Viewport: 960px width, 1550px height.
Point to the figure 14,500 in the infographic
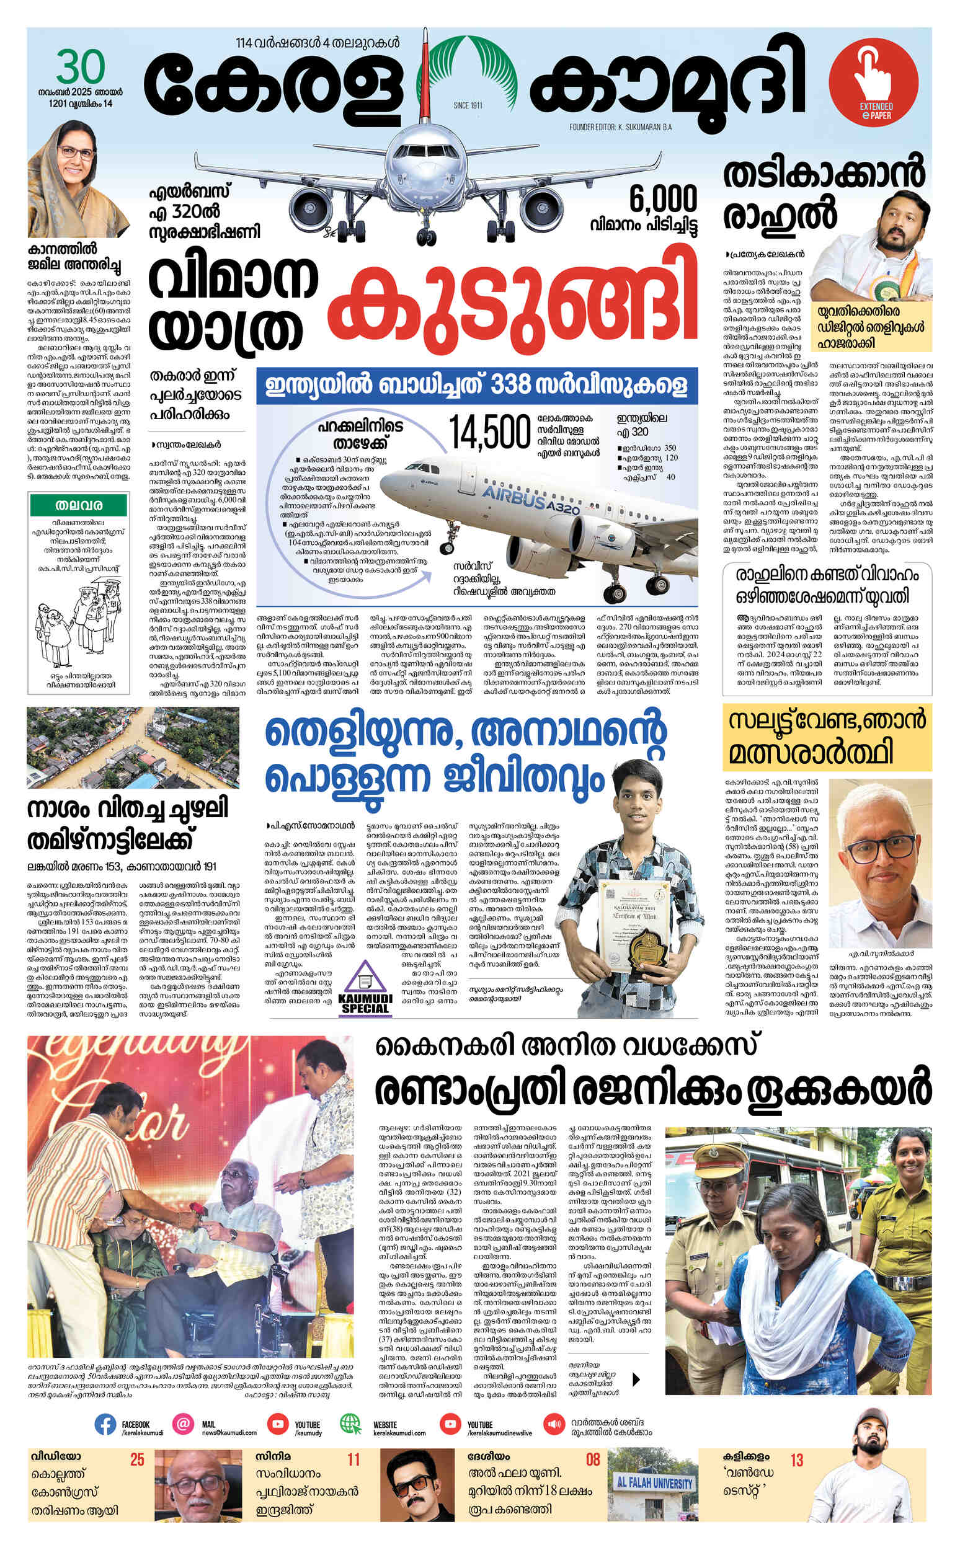489,433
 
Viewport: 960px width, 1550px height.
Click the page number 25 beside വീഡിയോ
137,1460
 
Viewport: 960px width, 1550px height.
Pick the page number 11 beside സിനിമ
353,1460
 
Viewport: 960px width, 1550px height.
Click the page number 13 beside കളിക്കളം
796,1460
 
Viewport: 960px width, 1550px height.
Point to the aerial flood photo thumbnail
133,747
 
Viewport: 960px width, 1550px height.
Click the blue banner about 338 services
477,385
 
